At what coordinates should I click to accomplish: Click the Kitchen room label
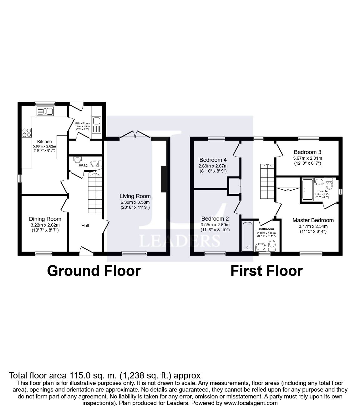(44, 142)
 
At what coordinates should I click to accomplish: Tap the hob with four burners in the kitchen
(27, 132)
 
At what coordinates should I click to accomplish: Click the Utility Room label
(83, 123)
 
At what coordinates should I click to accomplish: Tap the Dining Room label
(45, 219)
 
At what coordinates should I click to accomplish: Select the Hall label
(85, 225)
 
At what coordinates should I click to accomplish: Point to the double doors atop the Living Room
(135, 135)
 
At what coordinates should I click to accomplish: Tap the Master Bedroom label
(313, 220)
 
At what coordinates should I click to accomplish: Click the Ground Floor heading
(94, 271)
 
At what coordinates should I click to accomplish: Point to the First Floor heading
(266, 271)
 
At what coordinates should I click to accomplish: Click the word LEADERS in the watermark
(180, 241)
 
